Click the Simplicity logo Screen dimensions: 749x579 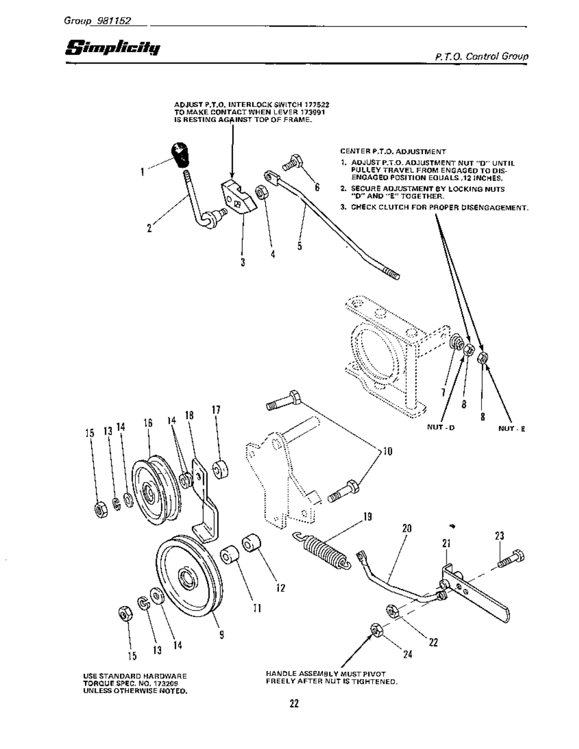coord(113,48)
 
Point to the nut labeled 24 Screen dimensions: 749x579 coord(376,630)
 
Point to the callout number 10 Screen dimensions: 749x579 coord(387,451)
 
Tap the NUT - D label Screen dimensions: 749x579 coord(441,427)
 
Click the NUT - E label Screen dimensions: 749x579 coord(511,428)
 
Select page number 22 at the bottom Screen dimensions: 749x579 coord(294,703)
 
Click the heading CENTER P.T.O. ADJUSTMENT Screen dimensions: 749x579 coord(393,152)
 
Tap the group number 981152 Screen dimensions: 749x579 coord(114,21)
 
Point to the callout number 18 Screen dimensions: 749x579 coord(189,415)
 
